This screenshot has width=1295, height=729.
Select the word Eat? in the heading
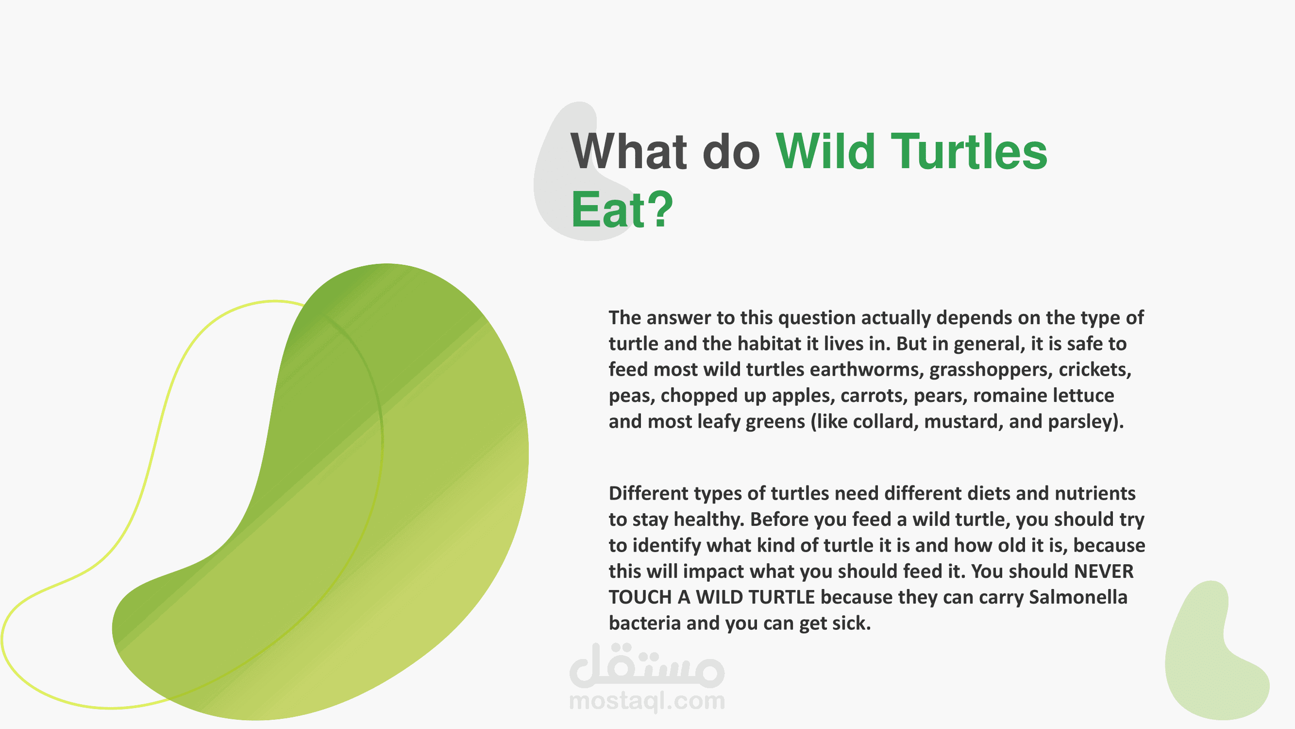pos(622,209)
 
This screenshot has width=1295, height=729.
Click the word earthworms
pos(867,370)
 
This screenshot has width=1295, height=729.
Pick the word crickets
pos(1095,370)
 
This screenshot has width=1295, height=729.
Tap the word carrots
pos(874,396)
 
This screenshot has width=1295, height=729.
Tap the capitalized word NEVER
pos(1104,572)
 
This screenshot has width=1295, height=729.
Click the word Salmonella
pos(1078,597)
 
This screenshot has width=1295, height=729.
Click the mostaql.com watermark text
pos(647,701)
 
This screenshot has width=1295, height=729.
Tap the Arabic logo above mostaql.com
pos(647,665)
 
